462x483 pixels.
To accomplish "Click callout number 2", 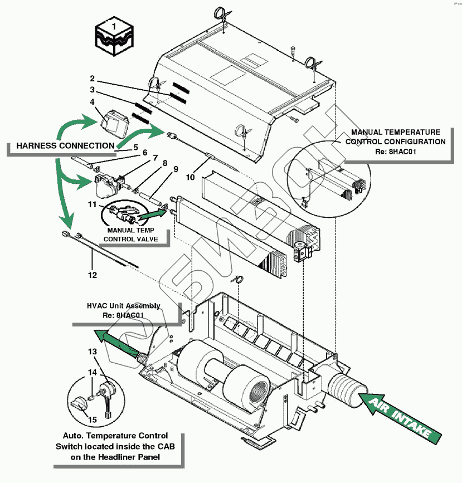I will point(93,79).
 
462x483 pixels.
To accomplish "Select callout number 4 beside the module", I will point(93,102).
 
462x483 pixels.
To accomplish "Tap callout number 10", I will point(190,177).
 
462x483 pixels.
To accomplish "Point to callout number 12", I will point(93,275).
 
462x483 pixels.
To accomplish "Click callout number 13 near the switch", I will point(93,352).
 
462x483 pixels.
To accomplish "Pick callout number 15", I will point(93,419).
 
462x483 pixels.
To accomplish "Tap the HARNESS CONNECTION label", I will point(65,146).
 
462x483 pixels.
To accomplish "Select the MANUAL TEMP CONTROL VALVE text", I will point(130,235).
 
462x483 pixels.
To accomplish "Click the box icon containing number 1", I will point(114,37).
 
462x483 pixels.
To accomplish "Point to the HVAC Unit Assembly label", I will point(124,310).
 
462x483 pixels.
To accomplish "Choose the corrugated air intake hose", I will point(348,387).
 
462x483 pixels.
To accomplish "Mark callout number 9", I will point(176,169).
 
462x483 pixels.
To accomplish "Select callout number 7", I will point(155,158).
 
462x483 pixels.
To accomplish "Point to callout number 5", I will point(135,148).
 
